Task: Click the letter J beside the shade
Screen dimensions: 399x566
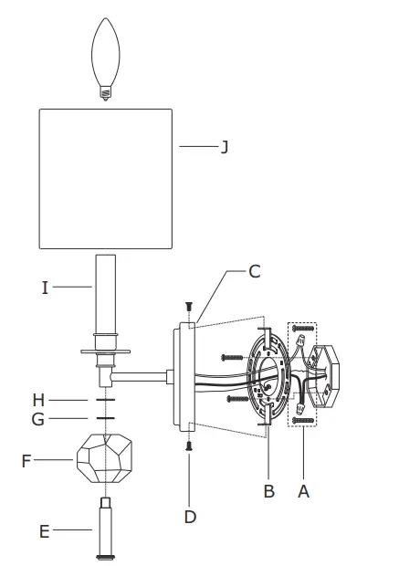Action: [x=225, y=147]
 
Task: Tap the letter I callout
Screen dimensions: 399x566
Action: [x=45, y=288]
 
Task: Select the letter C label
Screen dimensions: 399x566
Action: [x=255, y=271]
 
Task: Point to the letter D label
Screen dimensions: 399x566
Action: [x=190, y=517]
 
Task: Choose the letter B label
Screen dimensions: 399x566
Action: [x=269, y=491]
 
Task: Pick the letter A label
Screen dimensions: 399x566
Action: [x=304, y=491]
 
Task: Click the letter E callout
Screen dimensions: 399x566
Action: [x=45, y=531]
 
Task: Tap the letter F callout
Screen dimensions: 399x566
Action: [x=26, y=461]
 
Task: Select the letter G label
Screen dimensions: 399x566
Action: [x=38, y=419]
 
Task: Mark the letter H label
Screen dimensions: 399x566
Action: [x=38, y=401]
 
